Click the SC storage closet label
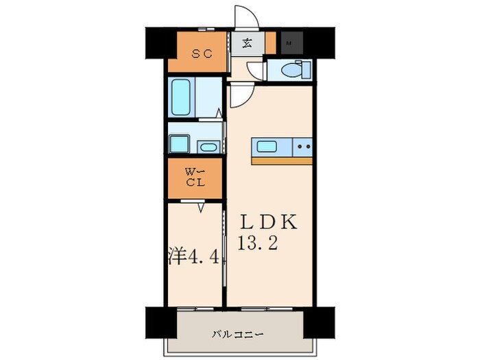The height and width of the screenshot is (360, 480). (x=202, y=54)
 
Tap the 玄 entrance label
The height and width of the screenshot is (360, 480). (x=247, y=43)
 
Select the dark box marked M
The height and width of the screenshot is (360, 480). (x=291, y=43)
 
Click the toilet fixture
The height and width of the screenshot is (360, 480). (x=296, y=71)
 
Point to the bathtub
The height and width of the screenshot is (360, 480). (x=181, y=97)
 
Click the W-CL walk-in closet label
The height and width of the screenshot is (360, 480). (x=195, y=178)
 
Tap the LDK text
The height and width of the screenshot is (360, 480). (x=269, y=222)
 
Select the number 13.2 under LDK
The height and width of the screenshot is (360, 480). (x=258, y=243)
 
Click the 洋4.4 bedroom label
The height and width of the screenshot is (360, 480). (x=194, y=257)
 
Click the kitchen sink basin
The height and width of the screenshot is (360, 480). (x=267, y=147)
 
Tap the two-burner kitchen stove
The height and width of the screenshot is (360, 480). (x=302, y=147)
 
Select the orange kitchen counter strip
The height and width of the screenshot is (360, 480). (x=282, y=161)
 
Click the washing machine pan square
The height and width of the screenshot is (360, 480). (x=179, y=144)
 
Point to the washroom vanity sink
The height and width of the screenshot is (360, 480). (x=208, y=147)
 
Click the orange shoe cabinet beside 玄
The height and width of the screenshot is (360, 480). (x=270, y=43)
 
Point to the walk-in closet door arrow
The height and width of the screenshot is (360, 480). (x=201, y=208)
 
